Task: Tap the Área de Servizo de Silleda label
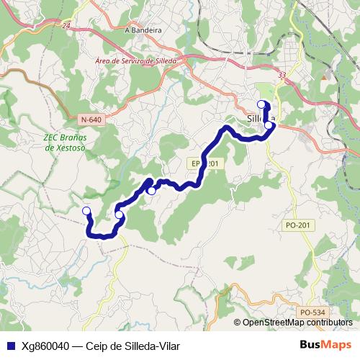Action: (136, 62)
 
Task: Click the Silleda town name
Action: (260, 117)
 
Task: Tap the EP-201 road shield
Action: (205, 164)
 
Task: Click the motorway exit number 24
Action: (66, 26)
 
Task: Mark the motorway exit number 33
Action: (282, 74)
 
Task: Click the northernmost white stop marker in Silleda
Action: (262, 104)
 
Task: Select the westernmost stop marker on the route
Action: (86, 210)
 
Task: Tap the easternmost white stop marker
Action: (269, 125)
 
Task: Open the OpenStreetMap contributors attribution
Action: (295, 322)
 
